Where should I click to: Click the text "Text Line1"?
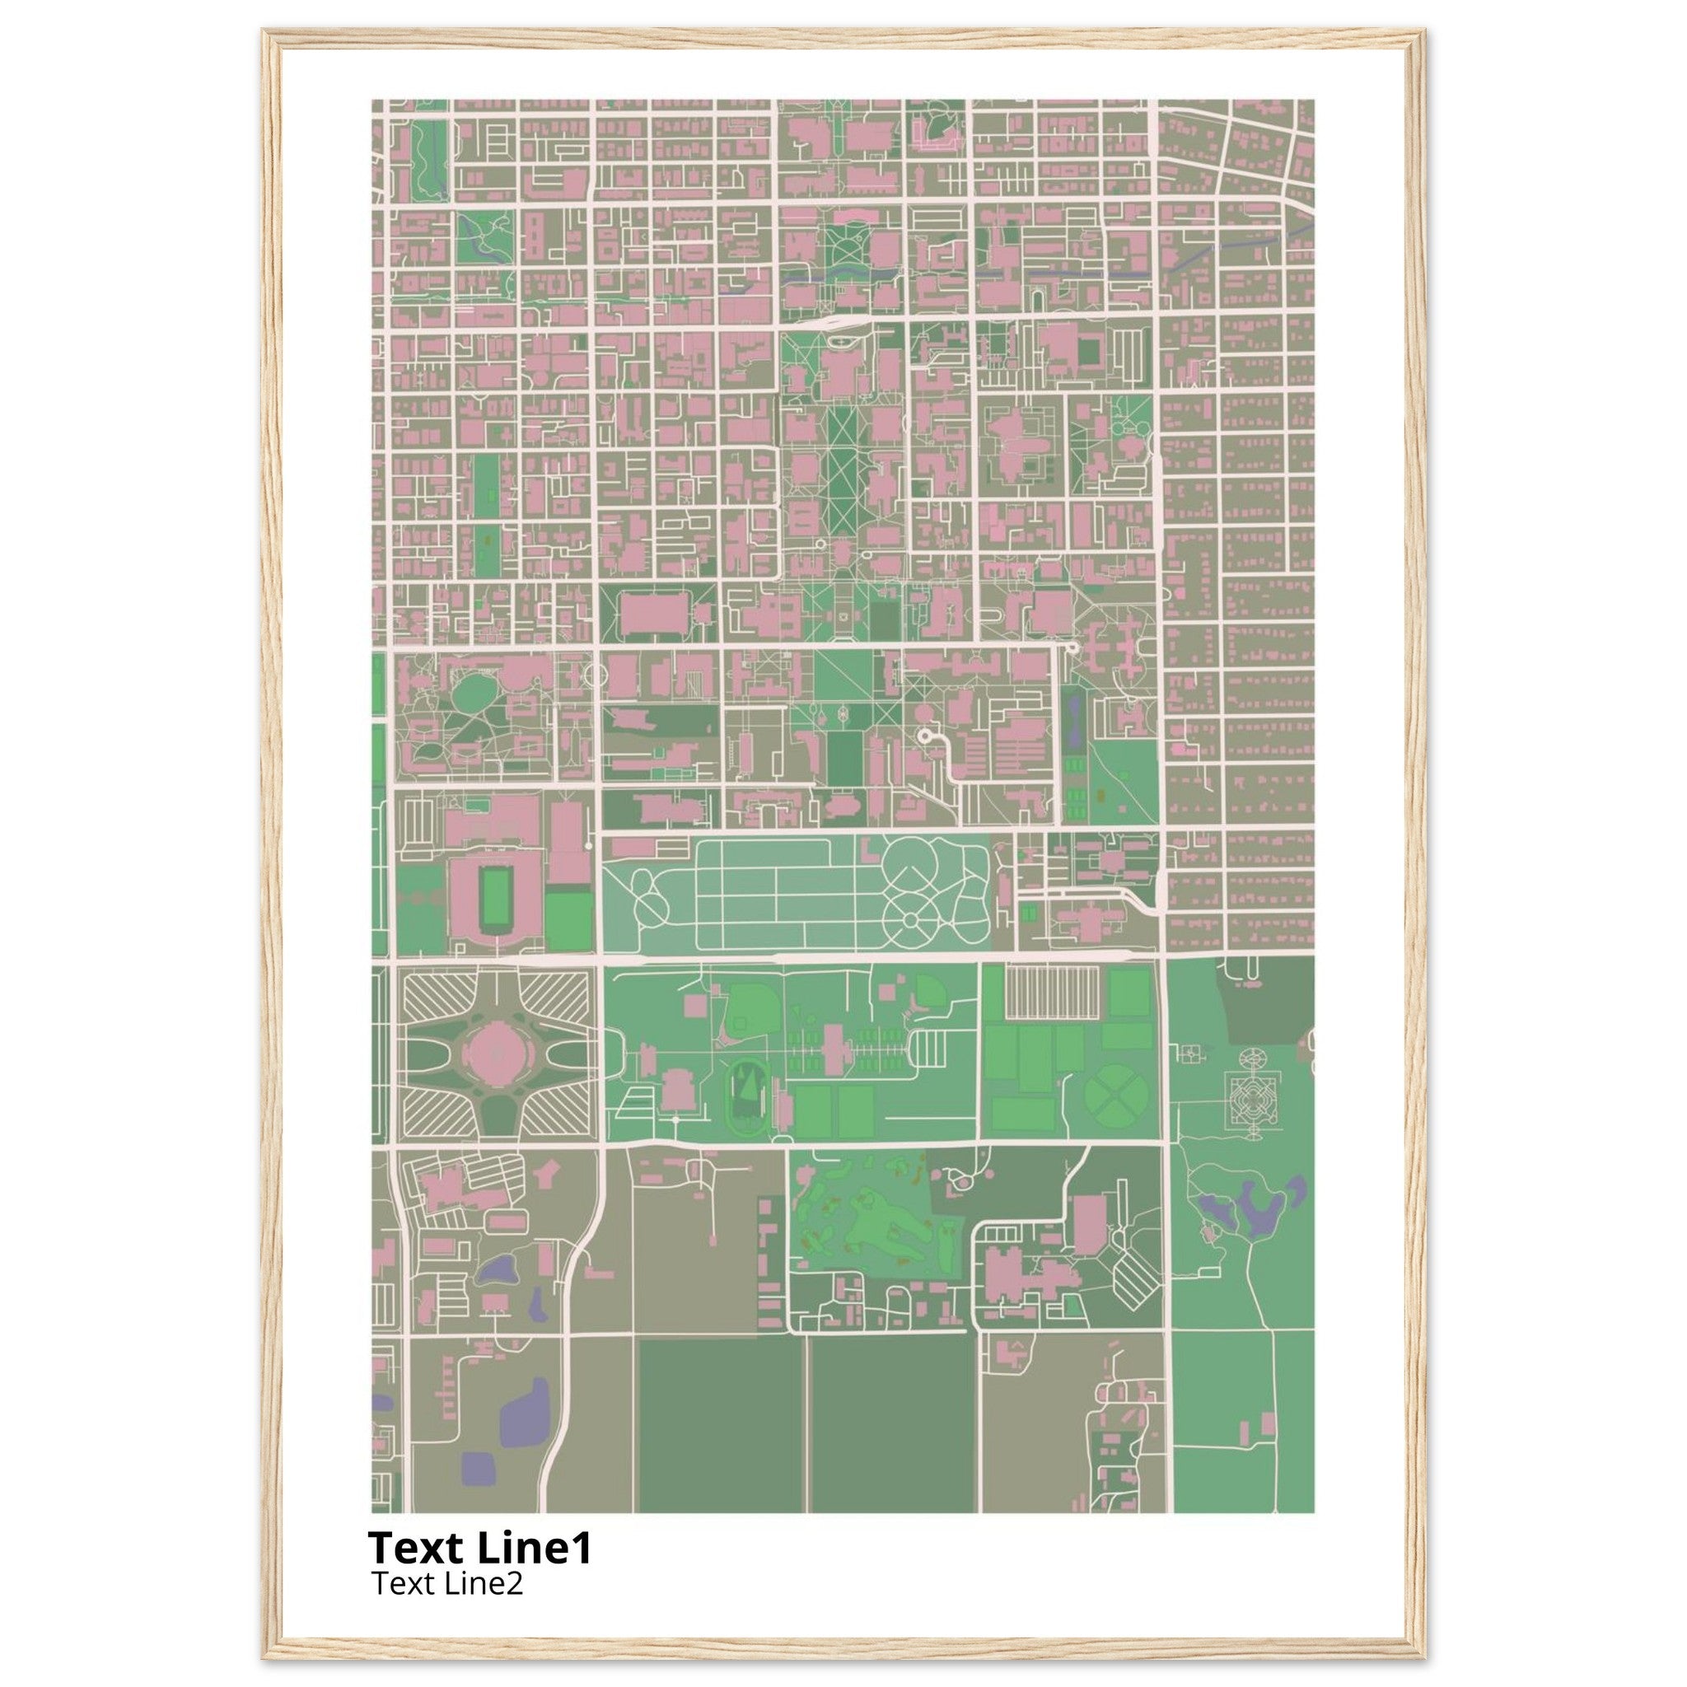point(479,1548)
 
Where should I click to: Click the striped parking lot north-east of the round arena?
point(554,995)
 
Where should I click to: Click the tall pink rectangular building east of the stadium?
point(567,843)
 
